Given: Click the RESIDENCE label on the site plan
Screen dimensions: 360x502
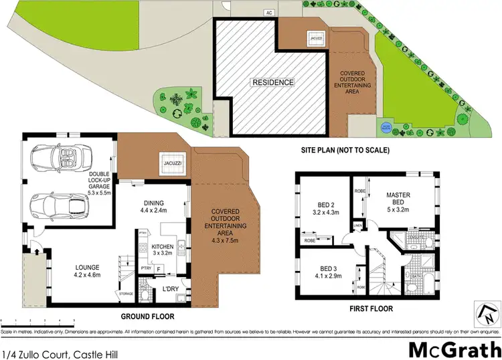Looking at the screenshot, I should (x=272, y=82).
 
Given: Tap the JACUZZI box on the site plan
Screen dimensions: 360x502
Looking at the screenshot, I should (x=315, y=37).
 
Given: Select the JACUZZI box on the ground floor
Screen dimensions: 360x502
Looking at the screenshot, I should (x=168, y=161).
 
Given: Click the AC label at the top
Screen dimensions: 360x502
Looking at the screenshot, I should (x=269, y=12).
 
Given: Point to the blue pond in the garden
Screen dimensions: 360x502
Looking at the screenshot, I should (x=386, y=126).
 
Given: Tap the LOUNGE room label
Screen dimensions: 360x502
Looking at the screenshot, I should (x=88, y=269).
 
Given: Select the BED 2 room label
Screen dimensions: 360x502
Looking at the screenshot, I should (x=329, y=208).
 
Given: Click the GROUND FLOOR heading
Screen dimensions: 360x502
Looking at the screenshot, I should (x=147, y=316).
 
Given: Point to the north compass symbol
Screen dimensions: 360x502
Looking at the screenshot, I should (x=487, y=310).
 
